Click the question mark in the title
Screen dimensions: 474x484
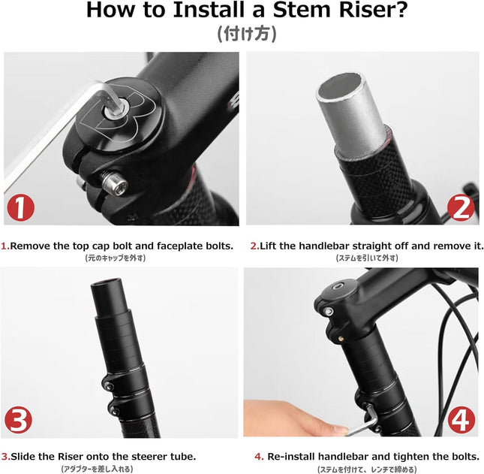[x=390, y=11]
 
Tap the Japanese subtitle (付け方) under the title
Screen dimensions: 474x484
[x=242, y=34]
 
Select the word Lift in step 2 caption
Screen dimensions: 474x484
[x=271, y=246]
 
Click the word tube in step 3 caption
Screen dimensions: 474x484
[x=183, y=456]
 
